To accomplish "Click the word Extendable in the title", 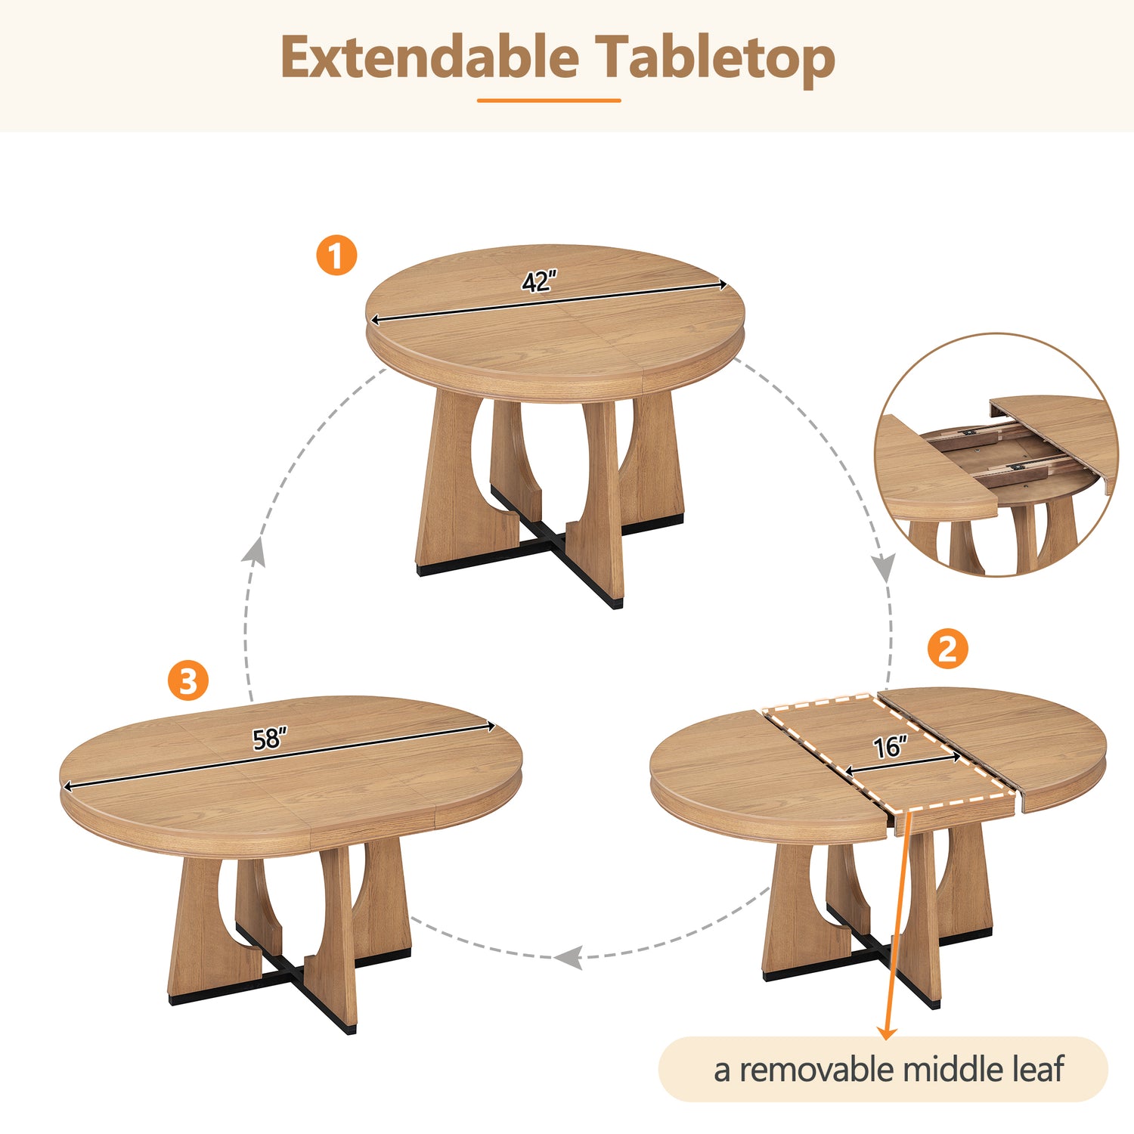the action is [429, 57].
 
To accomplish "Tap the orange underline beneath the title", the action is [549, 100].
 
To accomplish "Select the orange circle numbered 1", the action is [336, 255].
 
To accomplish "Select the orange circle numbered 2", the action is [947, 648].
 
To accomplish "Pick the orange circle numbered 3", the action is [188, 680].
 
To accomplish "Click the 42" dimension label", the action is [538, 282].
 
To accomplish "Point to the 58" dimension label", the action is [270, 738].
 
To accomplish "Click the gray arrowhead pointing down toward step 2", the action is [884, 568].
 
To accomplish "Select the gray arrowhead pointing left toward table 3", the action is [569, 957].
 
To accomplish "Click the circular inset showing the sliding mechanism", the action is [996, 454].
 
